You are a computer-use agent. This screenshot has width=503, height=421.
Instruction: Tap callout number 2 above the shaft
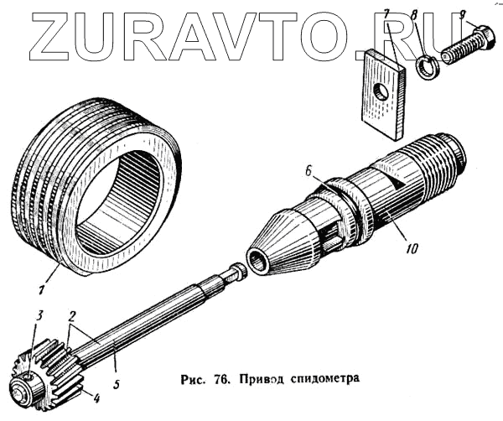coord(73,317)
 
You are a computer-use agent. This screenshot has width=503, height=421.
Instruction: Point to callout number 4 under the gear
coord(97,398)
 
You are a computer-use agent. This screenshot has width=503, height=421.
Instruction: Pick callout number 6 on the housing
coord(309,170)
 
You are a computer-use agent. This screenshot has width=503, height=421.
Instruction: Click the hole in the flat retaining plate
coord(382,91)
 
